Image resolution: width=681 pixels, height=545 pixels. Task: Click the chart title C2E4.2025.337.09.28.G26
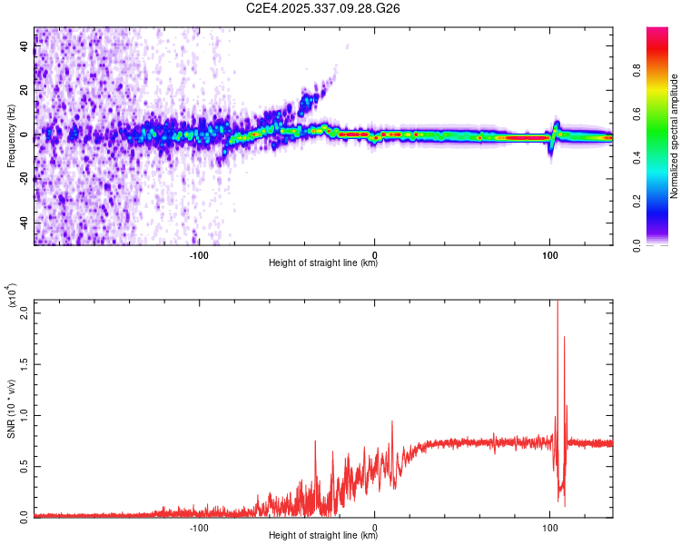(323, 8)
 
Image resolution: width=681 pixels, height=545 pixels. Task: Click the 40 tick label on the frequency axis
(25, 46)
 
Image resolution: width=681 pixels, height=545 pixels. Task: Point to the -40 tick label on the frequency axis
(25, 223)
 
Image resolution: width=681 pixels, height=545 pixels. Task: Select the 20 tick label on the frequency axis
(25, 91)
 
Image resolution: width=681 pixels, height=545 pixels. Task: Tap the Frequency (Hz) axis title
(12, 135)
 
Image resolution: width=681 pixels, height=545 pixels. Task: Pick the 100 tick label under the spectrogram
(549, 255)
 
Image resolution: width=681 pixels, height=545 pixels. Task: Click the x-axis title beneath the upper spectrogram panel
(323, 263)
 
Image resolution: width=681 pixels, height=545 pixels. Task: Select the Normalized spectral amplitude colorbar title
(675, 135)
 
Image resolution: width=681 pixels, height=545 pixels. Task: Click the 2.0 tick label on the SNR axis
(25, 312)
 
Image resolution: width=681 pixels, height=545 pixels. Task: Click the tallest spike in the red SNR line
(558, 304)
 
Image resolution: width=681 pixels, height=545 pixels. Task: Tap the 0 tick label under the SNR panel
(375, 528)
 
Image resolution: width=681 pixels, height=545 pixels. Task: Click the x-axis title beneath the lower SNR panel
(323, 536)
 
